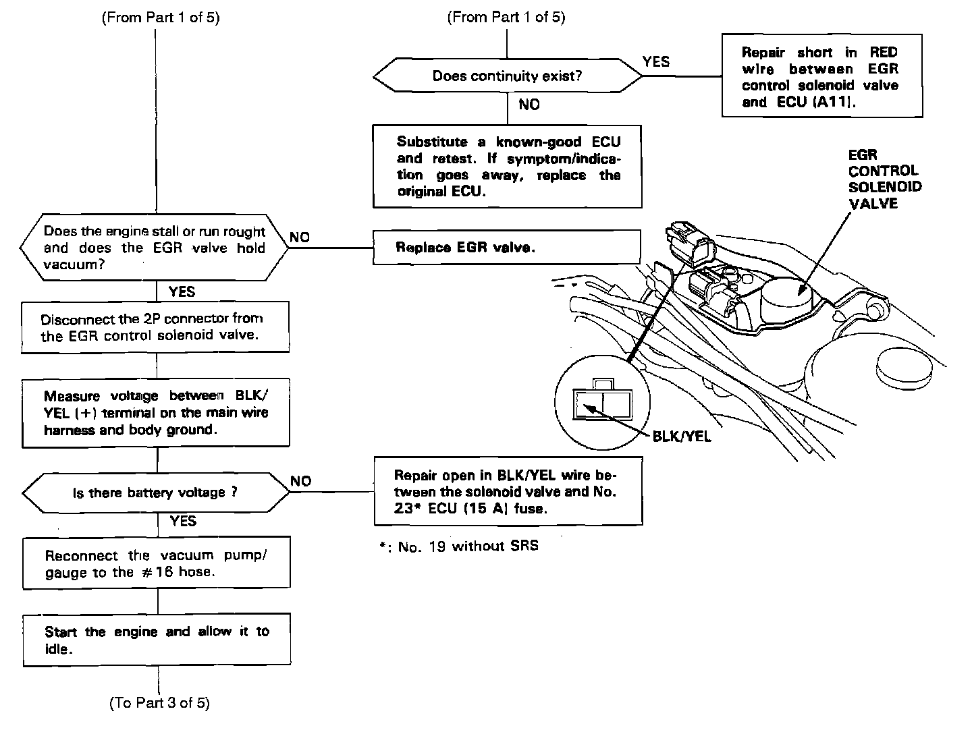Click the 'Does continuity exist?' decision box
point(507,76)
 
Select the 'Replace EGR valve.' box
point(506,247)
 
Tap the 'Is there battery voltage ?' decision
point(155,493)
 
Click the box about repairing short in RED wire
point(821,76)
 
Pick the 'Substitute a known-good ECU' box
point(507,166)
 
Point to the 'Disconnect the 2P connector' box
point(155,327)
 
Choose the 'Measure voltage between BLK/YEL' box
point(156,413)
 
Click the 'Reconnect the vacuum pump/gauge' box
point(157,563)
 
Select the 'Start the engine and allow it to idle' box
point(157,640)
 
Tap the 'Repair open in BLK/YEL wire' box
point(508,491)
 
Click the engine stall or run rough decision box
point(154,248)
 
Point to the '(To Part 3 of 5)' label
point(159,703)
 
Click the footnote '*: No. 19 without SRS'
point(459,546)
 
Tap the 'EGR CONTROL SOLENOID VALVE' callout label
point(884,179)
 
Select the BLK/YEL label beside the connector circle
point(682,437)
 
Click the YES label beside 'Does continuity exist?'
point(656,62)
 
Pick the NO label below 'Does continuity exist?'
point(529,105)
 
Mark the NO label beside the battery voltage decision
point(301,481)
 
